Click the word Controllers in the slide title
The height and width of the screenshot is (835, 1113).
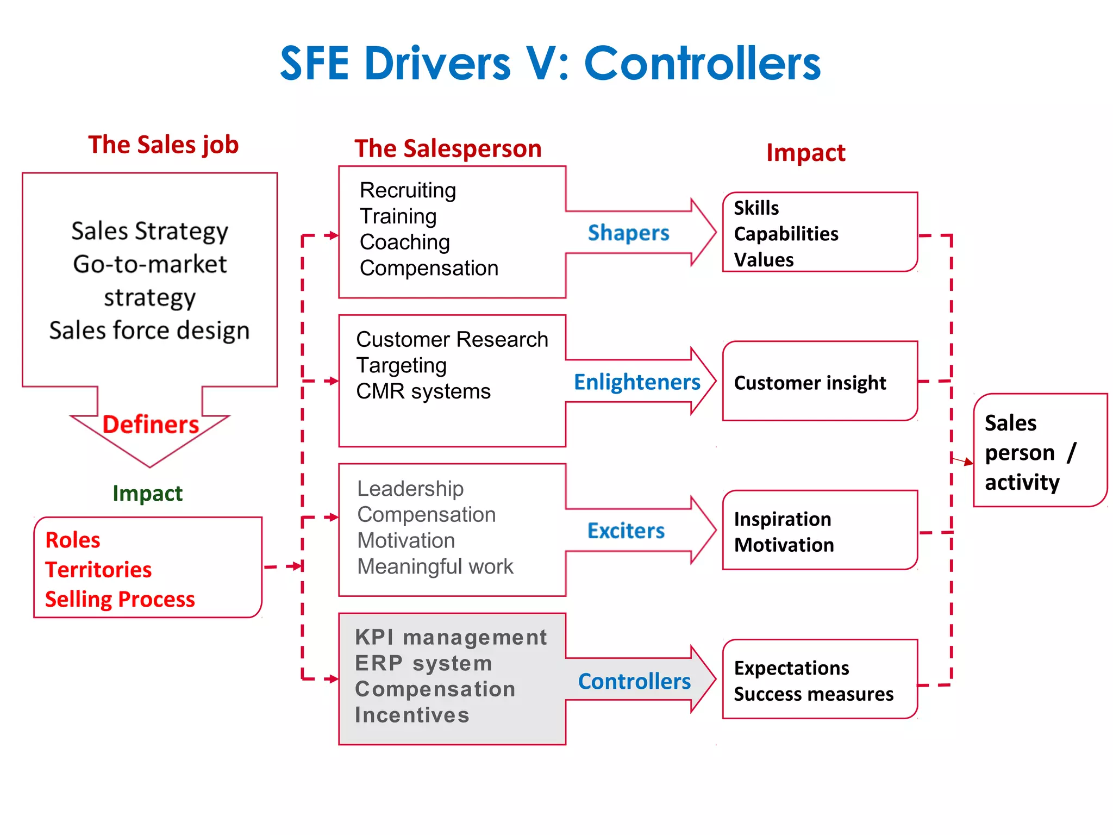[x=702, y=64]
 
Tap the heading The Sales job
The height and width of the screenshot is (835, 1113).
[x=163, y=145]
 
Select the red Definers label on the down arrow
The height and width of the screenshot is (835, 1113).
[x=151, y=425]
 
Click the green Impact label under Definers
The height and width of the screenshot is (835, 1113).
[x=147, y=493]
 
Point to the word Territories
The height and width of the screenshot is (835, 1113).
[x=98, y=570]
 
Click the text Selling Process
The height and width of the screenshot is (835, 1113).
[x=120, y=599]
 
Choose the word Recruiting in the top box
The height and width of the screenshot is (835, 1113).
[x=408, y=190]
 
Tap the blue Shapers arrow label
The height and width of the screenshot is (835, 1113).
[x=628, y=233]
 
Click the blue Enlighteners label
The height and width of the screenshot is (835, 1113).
[x=637, y=382]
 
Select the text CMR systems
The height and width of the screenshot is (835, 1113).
[x=423, y=391]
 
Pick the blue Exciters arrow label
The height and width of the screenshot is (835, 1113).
[x=626, y=531]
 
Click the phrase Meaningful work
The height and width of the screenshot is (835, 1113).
[x=435, y=566]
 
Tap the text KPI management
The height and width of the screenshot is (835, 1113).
[x=451, y=637]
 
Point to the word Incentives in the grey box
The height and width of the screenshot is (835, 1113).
[x=412, y=715]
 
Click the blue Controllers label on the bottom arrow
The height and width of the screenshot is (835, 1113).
[x=634, y=681]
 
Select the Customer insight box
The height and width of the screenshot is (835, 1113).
[x=820, y=382]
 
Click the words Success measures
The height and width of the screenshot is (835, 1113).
[x=813, y=694]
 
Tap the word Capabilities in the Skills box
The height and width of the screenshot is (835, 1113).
[x=786, y=234]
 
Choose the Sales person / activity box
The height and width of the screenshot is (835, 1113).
[x=1040, y=451]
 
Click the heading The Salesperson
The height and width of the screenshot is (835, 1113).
[x=448, y=148]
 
